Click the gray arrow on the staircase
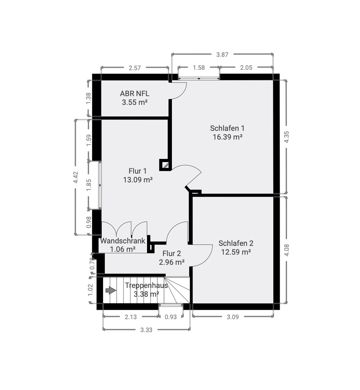111,290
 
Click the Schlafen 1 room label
227,128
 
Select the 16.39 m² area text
228,137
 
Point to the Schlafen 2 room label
236,243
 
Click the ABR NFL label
135,94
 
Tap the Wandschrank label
123,241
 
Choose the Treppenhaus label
146,285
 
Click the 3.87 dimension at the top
222,54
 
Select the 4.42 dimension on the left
76,177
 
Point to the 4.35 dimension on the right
287,137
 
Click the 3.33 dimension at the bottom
146,330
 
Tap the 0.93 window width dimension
171,317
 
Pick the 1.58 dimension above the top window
199,68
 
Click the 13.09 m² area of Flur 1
138,180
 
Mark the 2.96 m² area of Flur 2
172,262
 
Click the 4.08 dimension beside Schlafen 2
287,250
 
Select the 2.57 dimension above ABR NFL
135,68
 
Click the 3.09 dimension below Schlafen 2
233,317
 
